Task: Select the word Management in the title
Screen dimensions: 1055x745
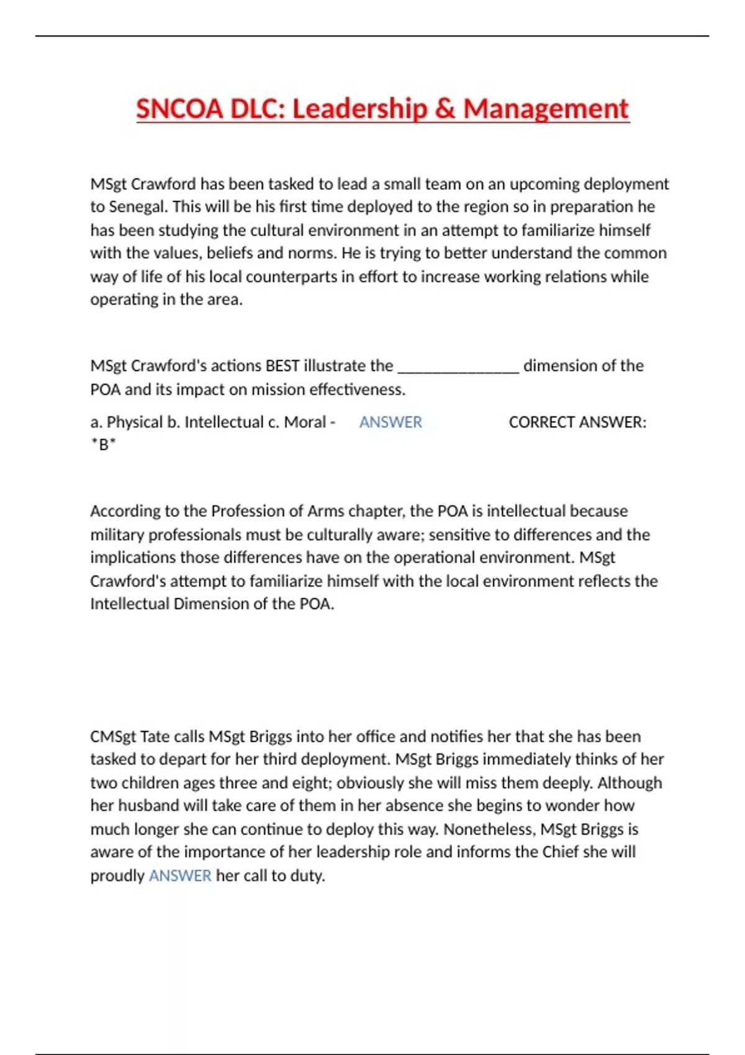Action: tap(546, 109)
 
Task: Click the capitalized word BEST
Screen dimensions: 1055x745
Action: tap(282, 366)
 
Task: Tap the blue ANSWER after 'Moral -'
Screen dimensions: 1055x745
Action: tap(391, 423)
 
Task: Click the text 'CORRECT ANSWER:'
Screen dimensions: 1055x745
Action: tap(577, 423)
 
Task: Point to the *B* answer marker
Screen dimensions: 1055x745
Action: tap(103, 445)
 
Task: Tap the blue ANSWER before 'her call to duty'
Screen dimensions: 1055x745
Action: tap(180, 876)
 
